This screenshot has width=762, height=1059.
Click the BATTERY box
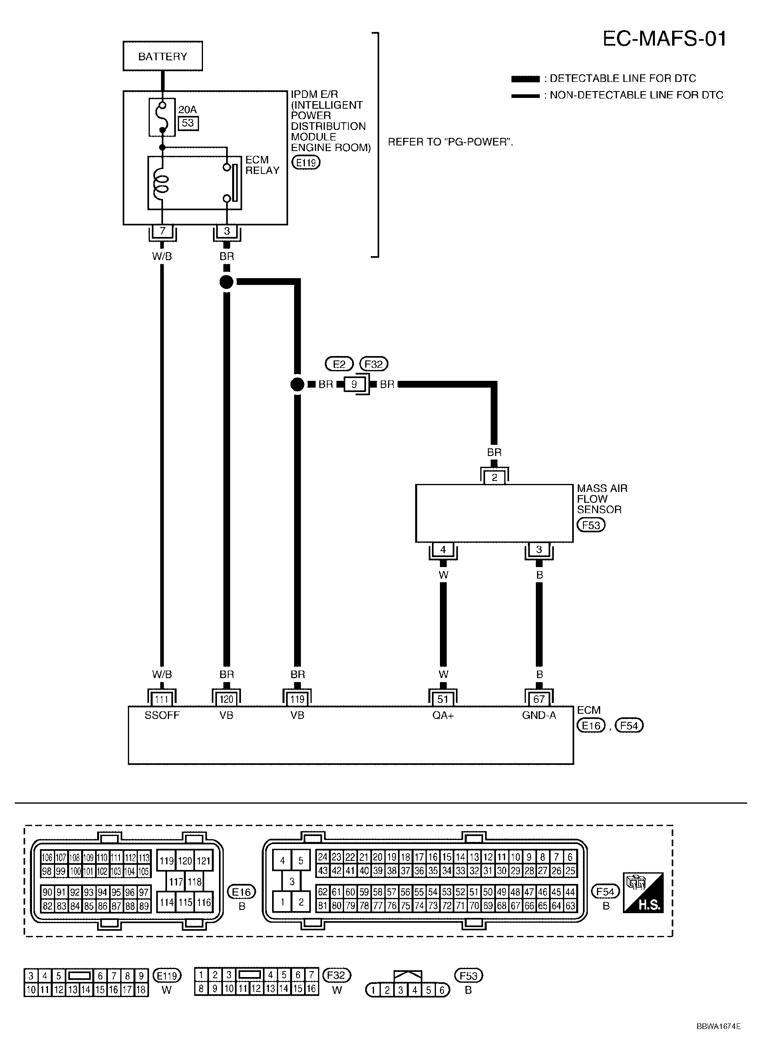click(163, 56)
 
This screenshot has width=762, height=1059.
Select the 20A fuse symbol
click(162, 117)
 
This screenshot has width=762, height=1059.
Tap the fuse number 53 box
click(188, 123)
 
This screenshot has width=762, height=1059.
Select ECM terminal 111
click(161, 699)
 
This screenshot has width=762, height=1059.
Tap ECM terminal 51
click(443, 699)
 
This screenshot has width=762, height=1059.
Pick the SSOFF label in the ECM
click(161, 715)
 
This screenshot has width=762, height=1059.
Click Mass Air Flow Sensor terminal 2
click(494, 477)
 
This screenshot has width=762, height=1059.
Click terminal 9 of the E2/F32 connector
click(354, 384)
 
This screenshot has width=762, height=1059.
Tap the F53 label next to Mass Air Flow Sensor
click(591, 525)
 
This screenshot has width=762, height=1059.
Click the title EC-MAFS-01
click(665, 39)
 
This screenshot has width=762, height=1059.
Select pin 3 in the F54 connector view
click(292, 882)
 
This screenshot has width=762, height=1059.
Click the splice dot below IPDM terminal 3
click(227, 282)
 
